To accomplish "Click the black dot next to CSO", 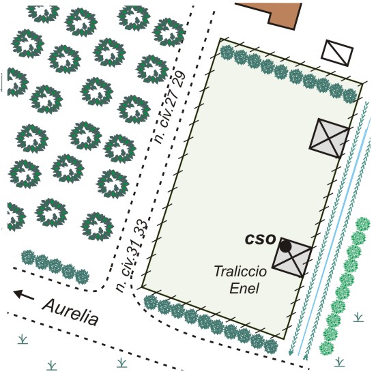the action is click(286, 246).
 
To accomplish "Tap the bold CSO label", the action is click(260, 240).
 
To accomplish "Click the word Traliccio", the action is click(240, 272).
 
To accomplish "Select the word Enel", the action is click(244, 288).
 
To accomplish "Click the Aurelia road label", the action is click(70, 312).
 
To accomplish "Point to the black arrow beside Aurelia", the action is click(24, 295).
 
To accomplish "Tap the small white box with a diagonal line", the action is click(337, 53).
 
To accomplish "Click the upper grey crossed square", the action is click(329, 138).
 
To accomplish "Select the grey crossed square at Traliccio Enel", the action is click(292, 258).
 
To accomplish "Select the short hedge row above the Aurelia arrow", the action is click(55, 266).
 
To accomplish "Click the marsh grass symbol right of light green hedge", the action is click(358, 317).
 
